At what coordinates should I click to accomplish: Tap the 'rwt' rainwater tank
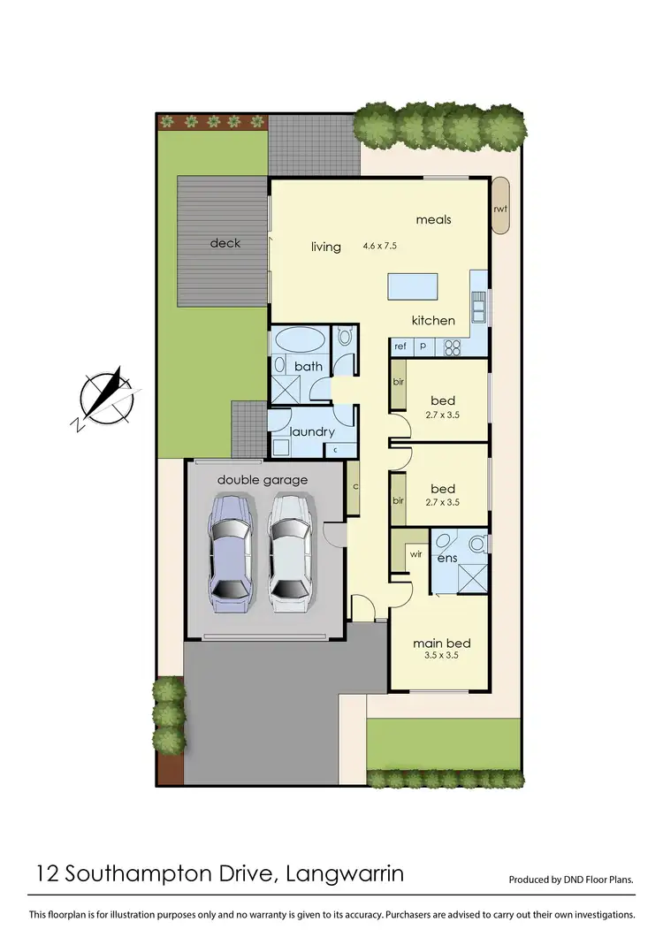tap(501, 207)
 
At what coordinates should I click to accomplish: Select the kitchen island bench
tap(412, 288)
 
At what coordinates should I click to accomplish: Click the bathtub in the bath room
tap(298, 340)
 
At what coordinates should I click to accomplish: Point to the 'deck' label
tap(225, 243)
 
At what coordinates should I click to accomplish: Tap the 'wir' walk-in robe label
tap(415, 555)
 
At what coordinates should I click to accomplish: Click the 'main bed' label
tap(442, 643)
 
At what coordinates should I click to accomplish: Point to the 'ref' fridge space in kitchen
tap(400, 347)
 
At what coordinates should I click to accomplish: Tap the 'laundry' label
tap(312, 431)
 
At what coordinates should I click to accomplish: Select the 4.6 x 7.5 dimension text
tap(380, 246)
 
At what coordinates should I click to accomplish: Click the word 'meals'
tap(433, 219)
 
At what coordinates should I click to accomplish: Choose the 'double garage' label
tap(263, 480)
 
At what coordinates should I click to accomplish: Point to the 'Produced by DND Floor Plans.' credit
tap(571, 880)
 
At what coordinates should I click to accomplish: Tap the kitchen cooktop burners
tap(452, 347)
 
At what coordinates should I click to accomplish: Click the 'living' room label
tap(326, 247)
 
